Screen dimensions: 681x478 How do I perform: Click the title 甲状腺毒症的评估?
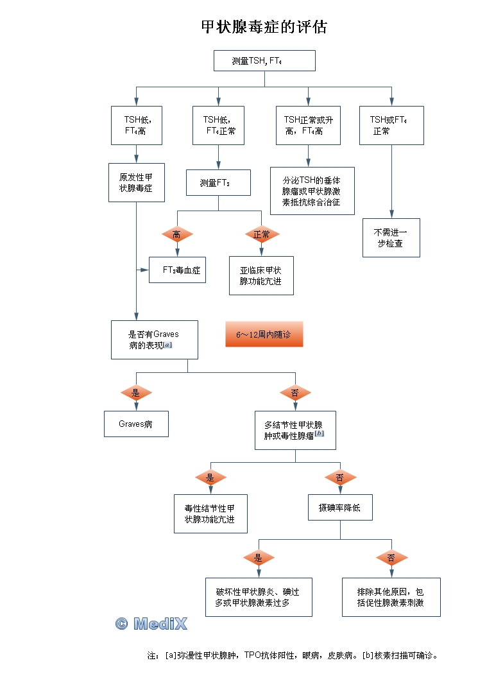pos(264,27)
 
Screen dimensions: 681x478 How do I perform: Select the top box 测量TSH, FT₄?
pos(264,61)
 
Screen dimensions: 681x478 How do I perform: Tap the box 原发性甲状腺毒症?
pos(136,183)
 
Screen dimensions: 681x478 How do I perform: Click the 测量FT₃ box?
pos(218,182)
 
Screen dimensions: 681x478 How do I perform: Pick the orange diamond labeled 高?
pos(176,235)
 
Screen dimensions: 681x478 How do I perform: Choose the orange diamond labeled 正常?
pos(262,235)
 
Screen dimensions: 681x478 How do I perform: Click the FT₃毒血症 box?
pos(178,270)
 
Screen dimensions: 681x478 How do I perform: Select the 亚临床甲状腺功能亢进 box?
pos(261,276)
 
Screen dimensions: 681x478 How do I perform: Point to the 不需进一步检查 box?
pos(391,238)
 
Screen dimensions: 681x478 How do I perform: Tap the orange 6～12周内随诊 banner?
pos(264,334)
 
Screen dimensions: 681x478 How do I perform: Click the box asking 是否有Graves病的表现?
pos(155,340)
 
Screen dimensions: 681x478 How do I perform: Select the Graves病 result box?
pos(136,424)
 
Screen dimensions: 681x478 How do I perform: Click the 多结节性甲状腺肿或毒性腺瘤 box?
pos(295,430)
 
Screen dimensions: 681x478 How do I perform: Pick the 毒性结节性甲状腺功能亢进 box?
pos(210,513)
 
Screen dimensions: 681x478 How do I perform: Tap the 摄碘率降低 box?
pos(340,508)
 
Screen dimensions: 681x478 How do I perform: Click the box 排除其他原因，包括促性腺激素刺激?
pos(391,598)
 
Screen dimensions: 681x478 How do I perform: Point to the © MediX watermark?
pos(151,623)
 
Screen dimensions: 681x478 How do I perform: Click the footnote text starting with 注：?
pos(293,656)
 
